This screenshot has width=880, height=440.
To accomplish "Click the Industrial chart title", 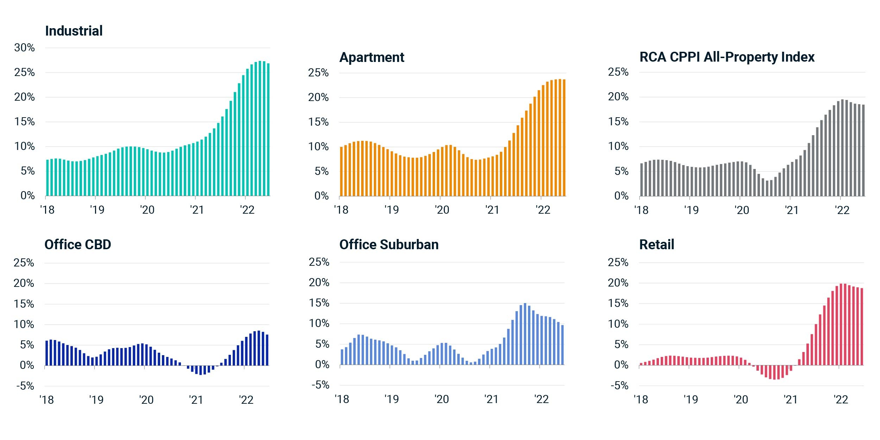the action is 74,31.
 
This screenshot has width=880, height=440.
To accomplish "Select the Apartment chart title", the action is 372,57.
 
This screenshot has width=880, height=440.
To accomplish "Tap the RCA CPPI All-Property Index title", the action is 727,57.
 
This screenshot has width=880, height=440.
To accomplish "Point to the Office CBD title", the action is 78,244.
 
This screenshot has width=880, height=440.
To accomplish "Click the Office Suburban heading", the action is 389,244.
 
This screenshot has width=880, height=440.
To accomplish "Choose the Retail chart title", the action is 656,244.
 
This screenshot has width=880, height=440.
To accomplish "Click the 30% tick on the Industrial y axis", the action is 24,48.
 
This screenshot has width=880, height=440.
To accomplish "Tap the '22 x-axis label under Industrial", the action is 247,210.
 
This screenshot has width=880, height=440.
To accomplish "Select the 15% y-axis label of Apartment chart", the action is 318,122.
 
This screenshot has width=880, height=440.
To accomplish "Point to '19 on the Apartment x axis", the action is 391,210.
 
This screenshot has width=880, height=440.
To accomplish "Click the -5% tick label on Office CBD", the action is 25,386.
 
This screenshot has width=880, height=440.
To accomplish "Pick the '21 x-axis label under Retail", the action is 791,399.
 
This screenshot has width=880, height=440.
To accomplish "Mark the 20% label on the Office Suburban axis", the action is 319,282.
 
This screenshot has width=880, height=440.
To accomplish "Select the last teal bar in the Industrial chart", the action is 268,130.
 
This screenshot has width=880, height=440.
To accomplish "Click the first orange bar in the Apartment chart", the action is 341,171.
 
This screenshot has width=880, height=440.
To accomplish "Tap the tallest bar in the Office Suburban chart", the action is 525,334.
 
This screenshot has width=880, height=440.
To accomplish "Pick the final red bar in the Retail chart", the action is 862,327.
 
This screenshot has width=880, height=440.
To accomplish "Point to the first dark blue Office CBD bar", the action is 46,353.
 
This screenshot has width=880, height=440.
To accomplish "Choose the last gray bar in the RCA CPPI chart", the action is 863,150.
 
